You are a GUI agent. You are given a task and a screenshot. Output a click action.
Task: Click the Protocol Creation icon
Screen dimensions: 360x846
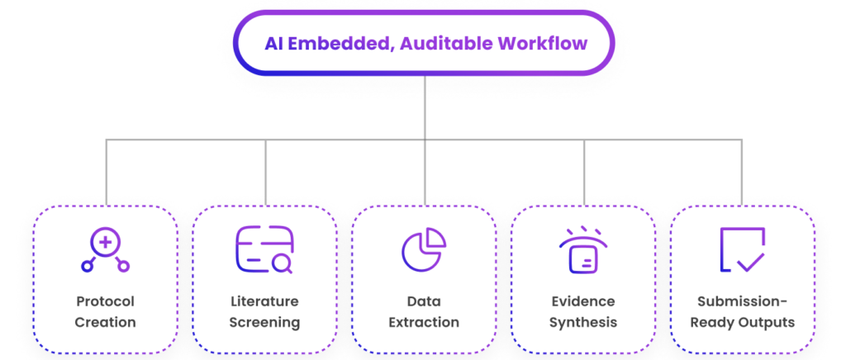tap(105, 250)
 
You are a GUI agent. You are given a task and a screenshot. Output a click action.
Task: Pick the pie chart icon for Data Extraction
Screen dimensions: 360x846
tap(424, 249)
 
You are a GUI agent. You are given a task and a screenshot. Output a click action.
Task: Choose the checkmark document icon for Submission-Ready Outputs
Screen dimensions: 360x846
tap(742, 249)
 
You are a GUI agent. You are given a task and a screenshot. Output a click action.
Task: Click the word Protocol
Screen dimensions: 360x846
tap(105, 301)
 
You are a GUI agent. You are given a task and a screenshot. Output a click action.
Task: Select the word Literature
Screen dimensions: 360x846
tap(264, 301)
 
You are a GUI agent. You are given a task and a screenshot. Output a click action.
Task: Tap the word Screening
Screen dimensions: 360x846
tap(264, 322)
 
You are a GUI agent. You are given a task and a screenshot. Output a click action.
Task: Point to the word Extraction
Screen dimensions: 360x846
tap(424, 322)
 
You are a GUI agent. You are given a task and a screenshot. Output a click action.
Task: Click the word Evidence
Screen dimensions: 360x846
tap(583, 301)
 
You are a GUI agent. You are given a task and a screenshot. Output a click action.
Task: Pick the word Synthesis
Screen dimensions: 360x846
tap(583, 322)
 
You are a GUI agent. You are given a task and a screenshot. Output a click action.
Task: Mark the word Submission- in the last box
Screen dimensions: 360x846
tap(742, 301)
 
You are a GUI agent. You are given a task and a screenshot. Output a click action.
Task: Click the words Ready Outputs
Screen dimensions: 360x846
tap(742, 322)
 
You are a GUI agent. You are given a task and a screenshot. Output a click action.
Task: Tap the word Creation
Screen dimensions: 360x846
tap(105, 322)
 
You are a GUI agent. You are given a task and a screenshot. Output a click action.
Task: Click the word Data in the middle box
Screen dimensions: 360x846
tap(424, 301)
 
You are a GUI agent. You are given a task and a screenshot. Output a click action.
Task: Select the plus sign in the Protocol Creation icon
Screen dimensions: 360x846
tap(106, 241)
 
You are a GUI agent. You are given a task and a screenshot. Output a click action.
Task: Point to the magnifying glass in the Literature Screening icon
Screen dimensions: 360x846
tap(282, 265)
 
